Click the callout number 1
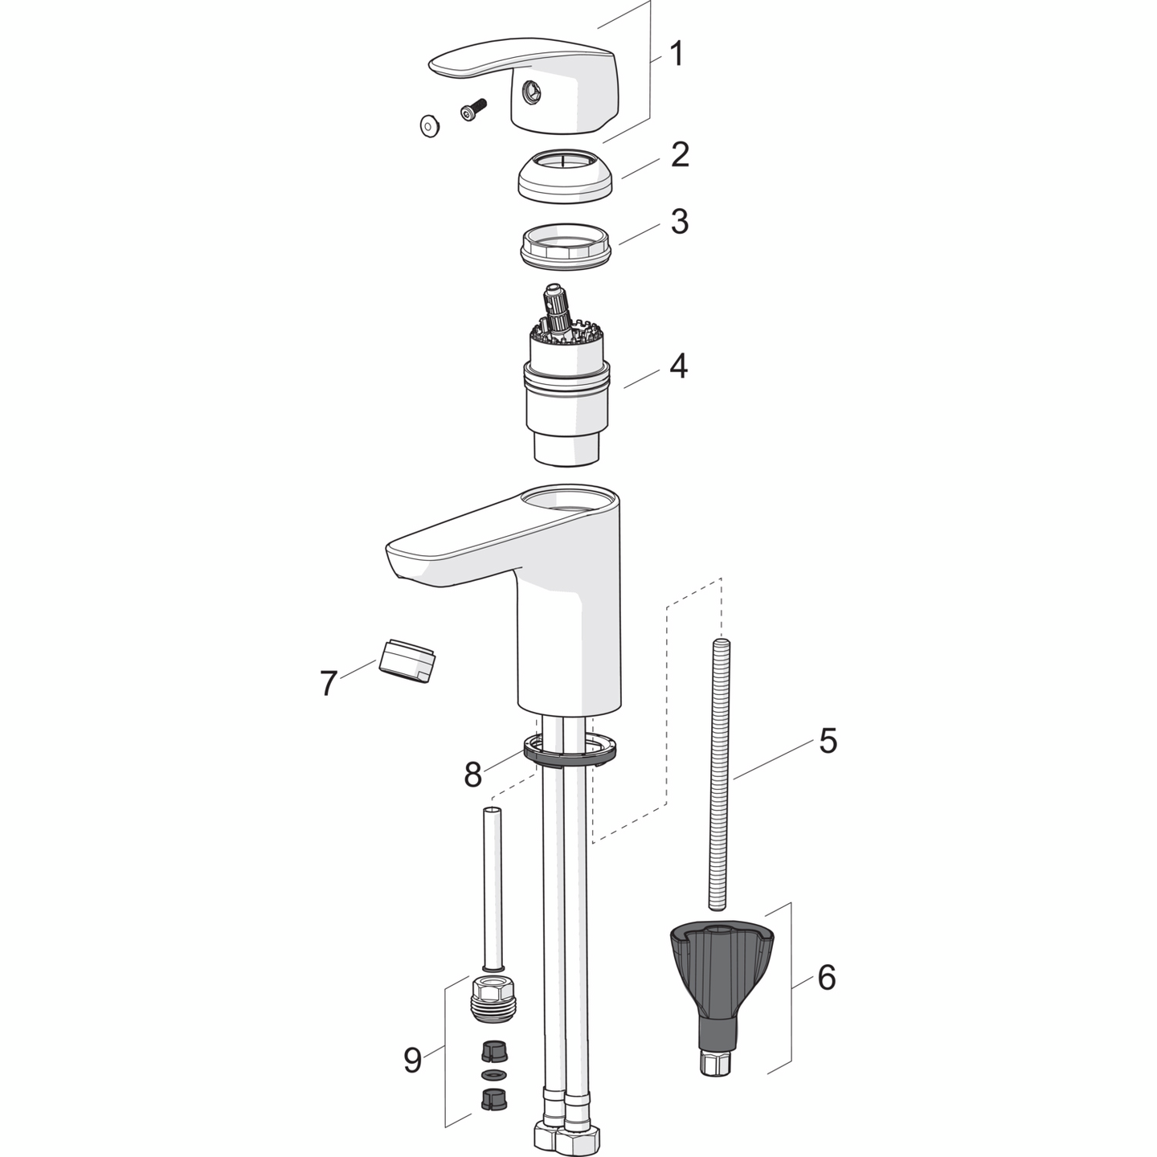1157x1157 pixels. pos(677,55)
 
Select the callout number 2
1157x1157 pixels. pos(680,154)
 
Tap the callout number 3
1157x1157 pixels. pos(680,222)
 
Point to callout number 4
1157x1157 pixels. pos(679,366)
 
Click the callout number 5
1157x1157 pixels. pos(828,741)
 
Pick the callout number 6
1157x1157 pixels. pos(827,978)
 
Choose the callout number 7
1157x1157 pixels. pos(328,684)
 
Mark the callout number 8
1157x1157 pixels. pos(472,775)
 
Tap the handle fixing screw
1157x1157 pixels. pos(473,110)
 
